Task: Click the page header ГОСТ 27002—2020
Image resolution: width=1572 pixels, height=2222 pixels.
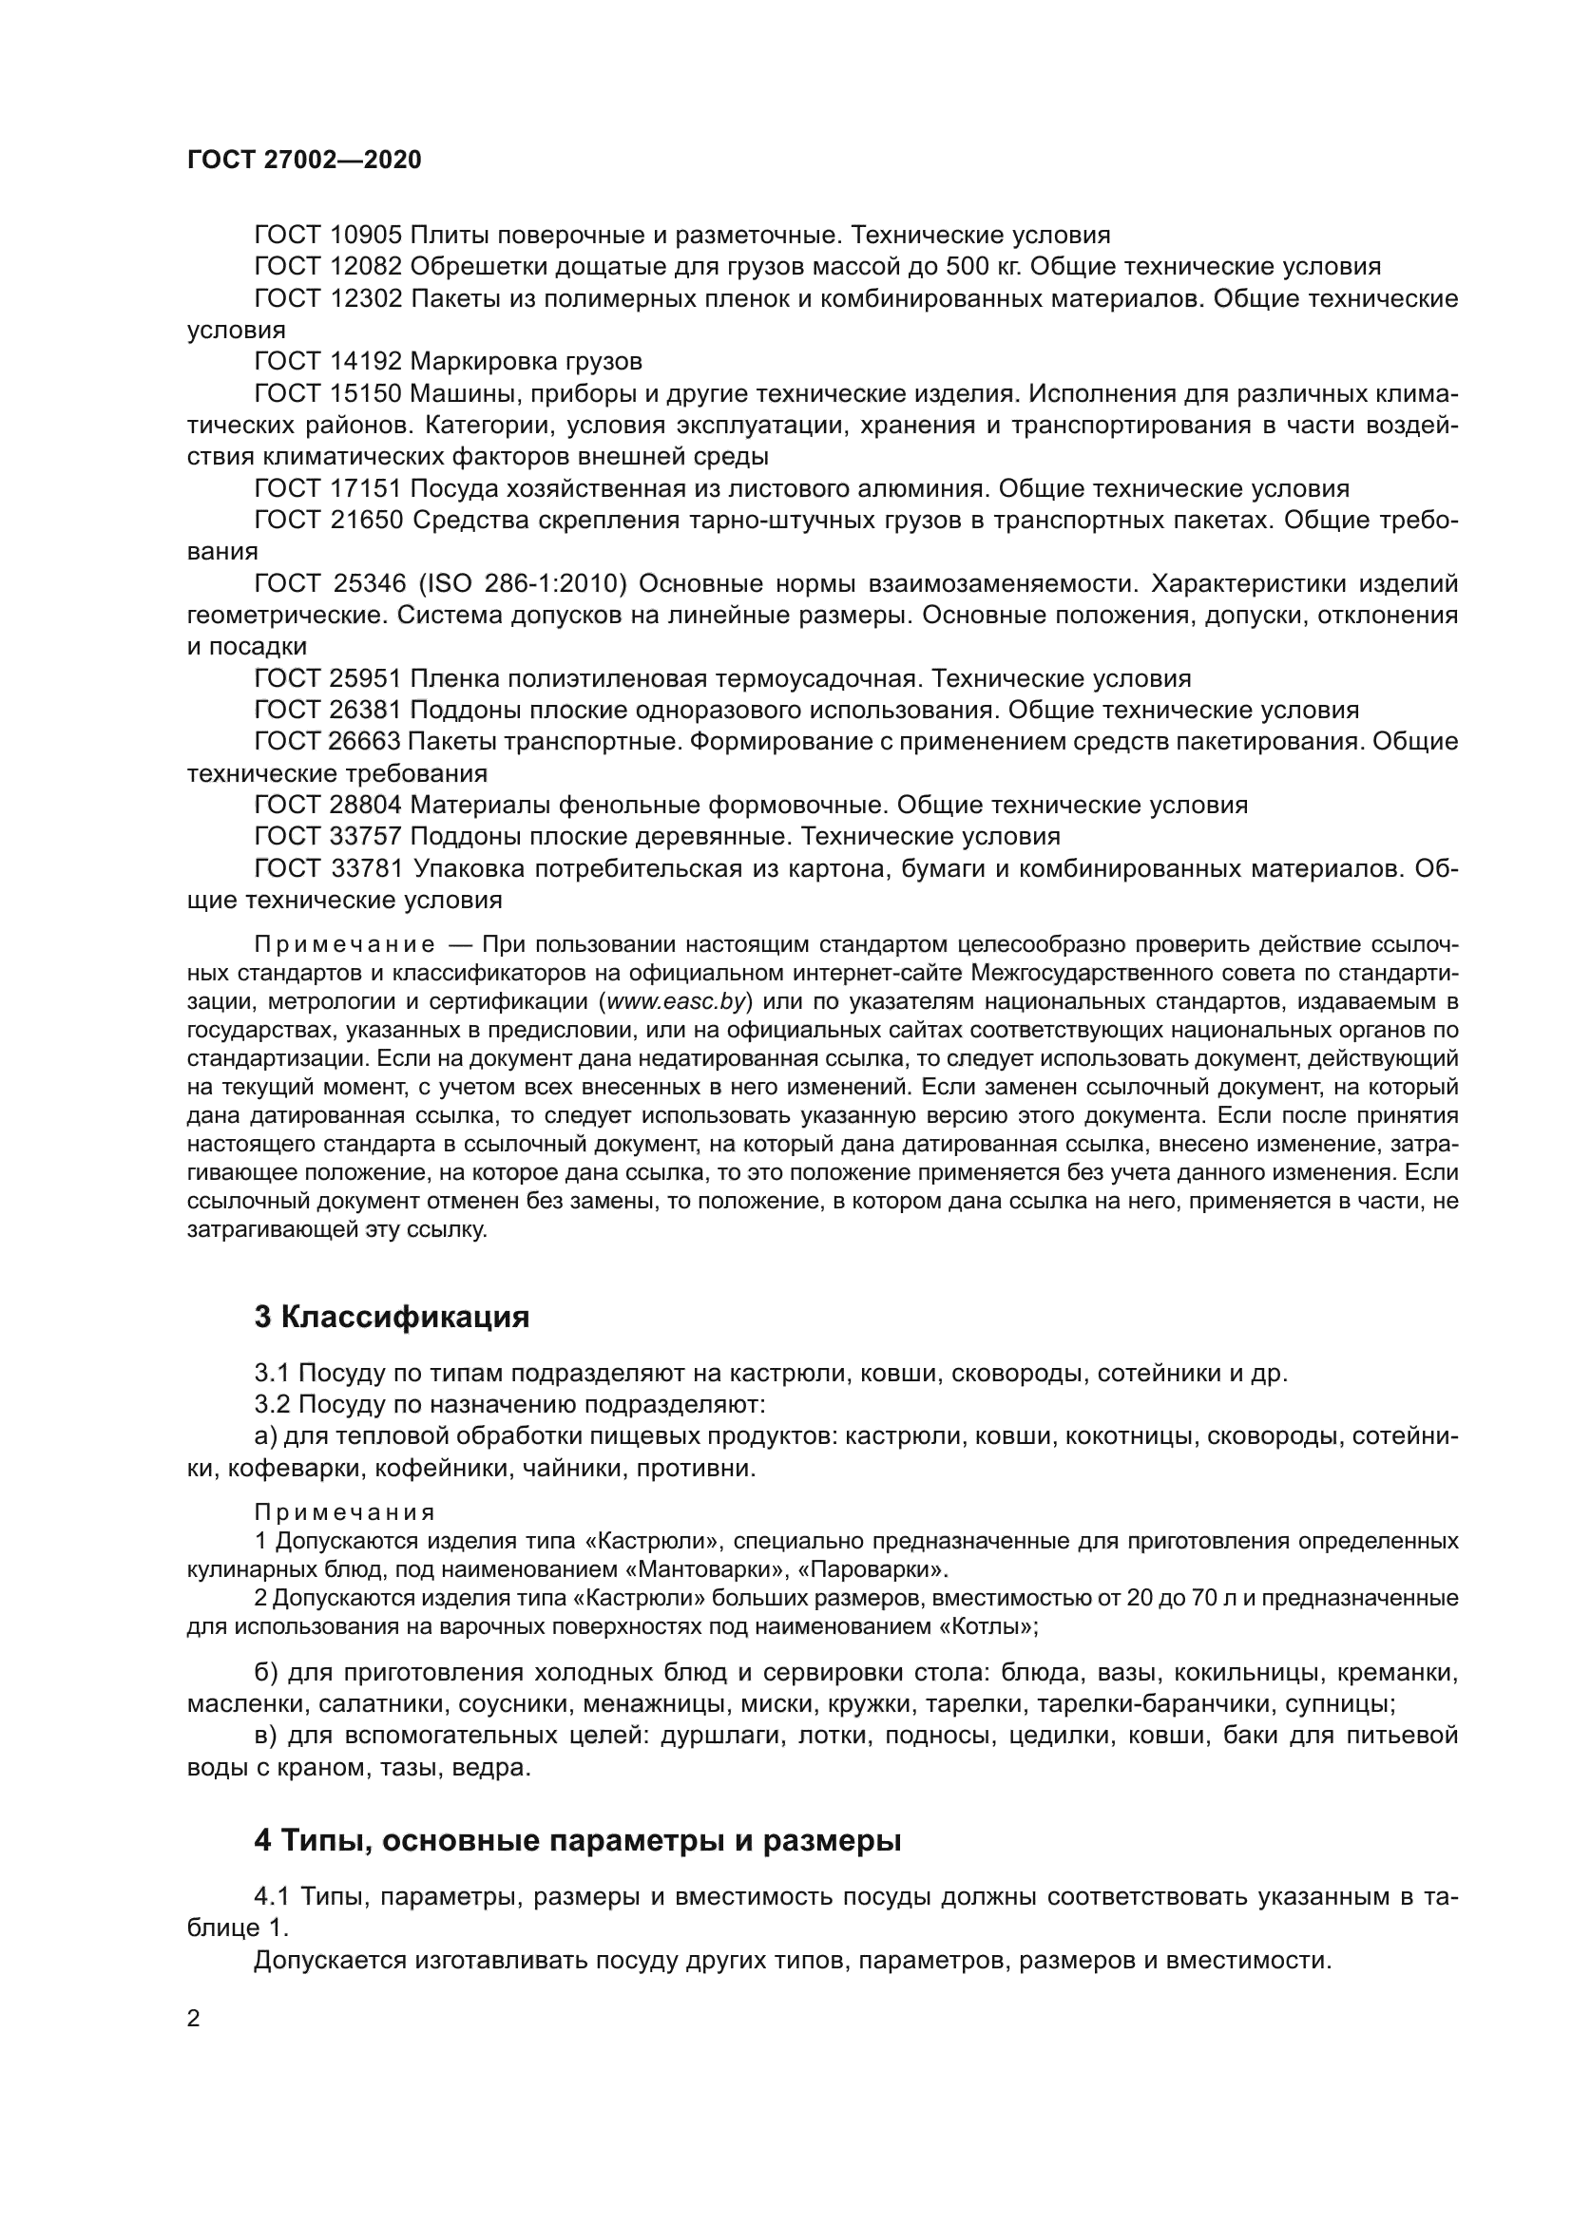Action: click(304, 161)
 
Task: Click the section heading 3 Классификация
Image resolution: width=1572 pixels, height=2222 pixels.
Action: click(391, 1319)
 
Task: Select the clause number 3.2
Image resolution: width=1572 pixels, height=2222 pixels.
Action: click(272, 1405)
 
